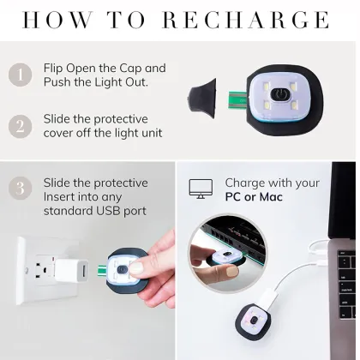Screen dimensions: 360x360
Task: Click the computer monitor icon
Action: (x=202, y=190)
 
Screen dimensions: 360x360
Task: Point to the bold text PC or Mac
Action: (x=254, y=197)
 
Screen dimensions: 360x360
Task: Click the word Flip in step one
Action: (x=55, y=69)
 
